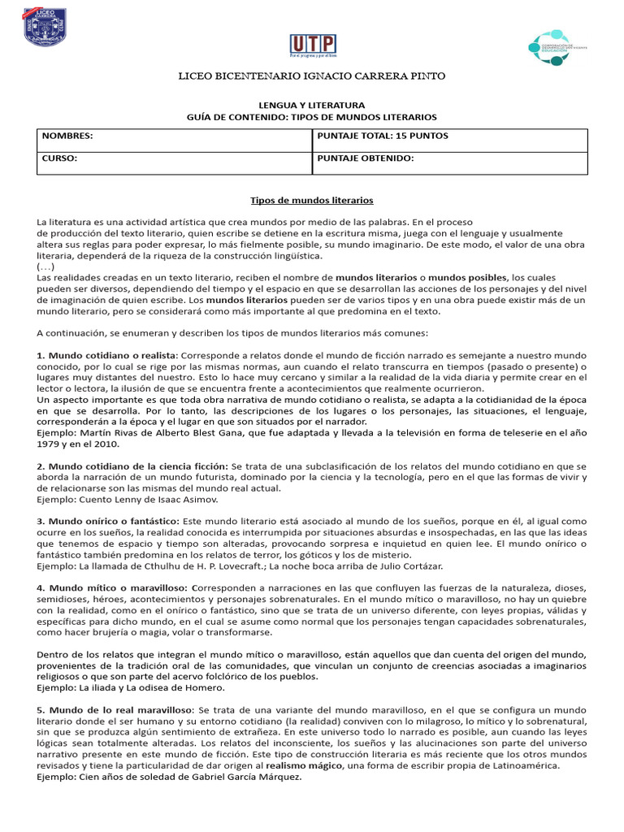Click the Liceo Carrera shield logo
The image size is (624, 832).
point(45,28)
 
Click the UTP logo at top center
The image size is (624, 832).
point(313,47)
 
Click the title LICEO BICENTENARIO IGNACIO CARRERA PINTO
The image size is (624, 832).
point(312,76)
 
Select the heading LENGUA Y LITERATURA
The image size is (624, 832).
point(312,106)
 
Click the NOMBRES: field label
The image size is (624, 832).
point(67,136)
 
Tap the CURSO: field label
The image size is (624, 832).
point(59,158)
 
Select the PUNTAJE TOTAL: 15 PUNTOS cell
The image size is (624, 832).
point(383,136)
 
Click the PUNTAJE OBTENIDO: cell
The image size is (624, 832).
point(366,158)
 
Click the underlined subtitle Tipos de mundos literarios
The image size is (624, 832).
point(311,200)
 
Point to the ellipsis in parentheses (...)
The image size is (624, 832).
point(46,266)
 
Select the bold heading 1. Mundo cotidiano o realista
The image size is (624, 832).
point(106,355)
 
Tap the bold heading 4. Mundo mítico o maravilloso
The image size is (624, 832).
point(113,587)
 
